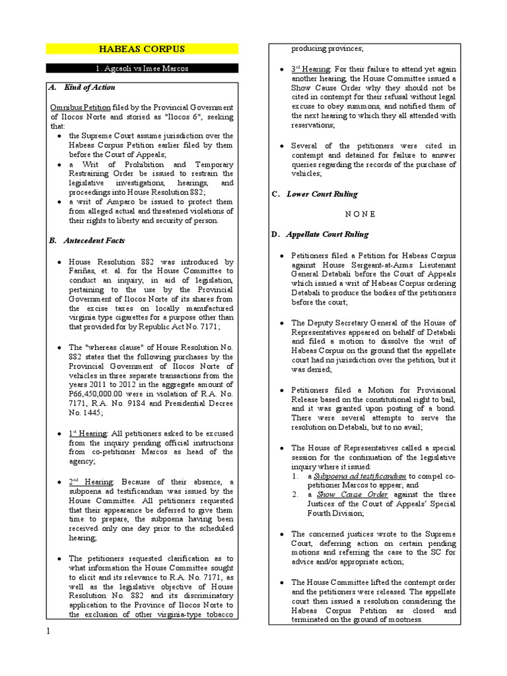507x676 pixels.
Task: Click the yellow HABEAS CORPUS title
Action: [x=141, y=50]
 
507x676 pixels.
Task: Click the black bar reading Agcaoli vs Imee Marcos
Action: [x=141, y=69]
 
